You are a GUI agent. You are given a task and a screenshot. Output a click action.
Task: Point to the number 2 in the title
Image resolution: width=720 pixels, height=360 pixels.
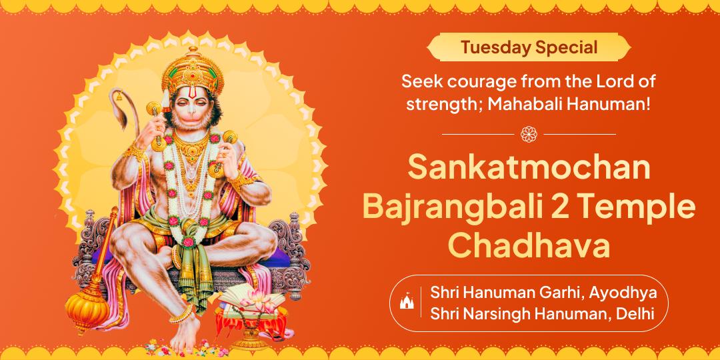(x=559, y=207)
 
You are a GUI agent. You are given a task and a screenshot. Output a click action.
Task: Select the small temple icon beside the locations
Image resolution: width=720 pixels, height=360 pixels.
(x=405, y=302)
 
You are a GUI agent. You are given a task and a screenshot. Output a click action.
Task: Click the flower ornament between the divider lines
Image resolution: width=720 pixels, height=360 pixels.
(x=529, y=133)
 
